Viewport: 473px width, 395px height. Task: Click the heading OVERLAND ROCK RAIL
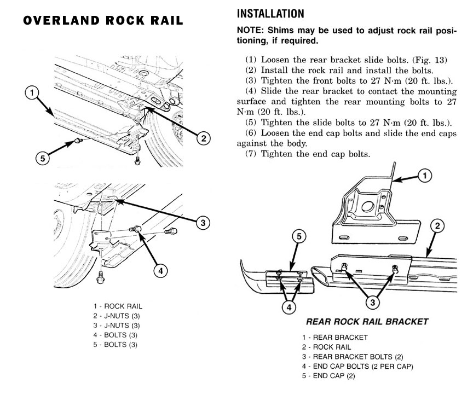pos(103,21)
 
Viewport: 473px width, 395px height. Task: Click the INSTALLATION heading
pos(269,13)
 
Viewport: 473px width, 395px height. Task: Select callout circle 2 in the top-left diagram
pos(203,138)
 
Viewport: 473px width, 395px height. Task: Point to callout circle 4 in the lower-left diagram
pos(160,270)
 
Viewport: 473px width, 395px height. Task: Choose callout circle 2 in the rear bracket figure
pos(437,225)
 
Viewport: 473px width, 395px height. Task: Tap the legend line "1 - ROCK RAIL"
pos(118,306)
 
